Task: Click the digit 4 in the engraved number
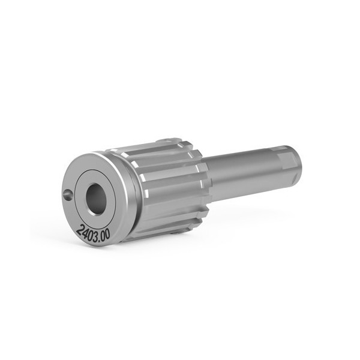(85, 231)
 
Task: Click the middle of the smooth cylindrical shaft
(240, 174)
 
